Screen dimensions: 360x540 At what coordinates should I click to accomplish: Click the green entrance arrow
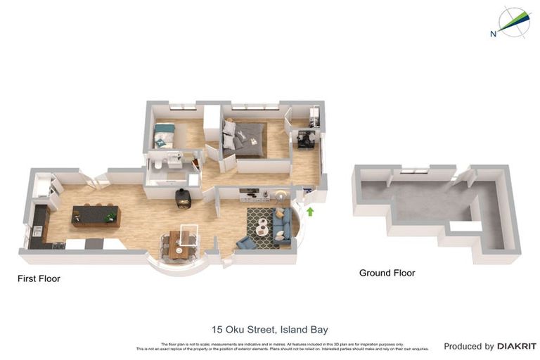point(310,210)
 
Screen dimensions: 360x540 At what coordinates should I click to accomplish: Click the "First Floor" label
point(39,278)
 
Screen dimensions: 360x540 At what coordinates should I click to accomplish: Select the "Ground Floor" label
point(387,273)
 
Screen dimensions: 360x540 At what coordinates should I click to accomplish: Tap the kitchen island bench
point(96,214)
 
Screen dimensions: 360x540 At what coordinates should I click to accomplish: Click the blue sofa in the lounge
point(283,224)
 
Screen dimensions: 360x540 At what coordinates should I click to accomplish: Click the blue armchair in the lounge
point(246,243)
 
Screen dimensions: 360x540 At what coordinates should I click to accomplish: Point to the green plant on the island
point(110,217)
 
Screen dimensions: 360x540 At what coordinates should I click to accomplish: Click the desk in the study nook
point(305,139)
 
